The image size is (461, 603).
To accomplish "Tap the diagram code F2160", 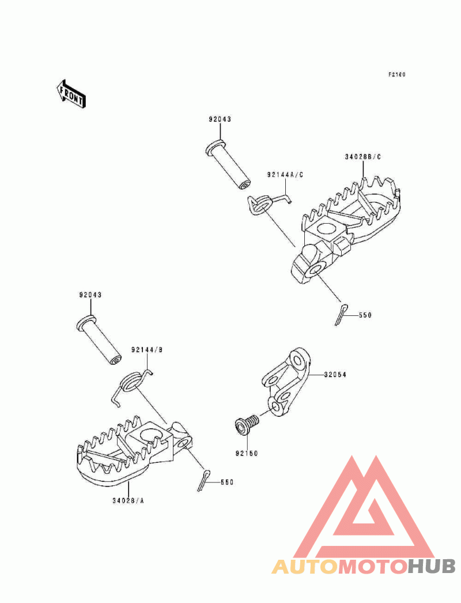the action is coord(396,74).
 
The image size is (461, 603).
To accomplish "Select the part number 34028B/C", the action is coord(362,157).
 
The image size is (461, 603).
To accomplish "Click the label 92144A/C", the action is coord(285,175).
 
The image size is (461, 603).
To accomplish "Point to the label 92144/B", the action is coord(147,350).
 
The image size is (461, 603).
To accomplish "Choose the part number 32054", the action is coord(335,375).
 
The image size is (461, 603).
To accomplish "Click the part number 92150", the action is coord(247,454).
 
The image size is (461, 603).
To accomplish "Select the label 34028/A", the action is coord(128,501).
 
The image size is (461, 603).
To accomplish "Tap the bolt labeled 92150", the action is coord(247,424).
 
